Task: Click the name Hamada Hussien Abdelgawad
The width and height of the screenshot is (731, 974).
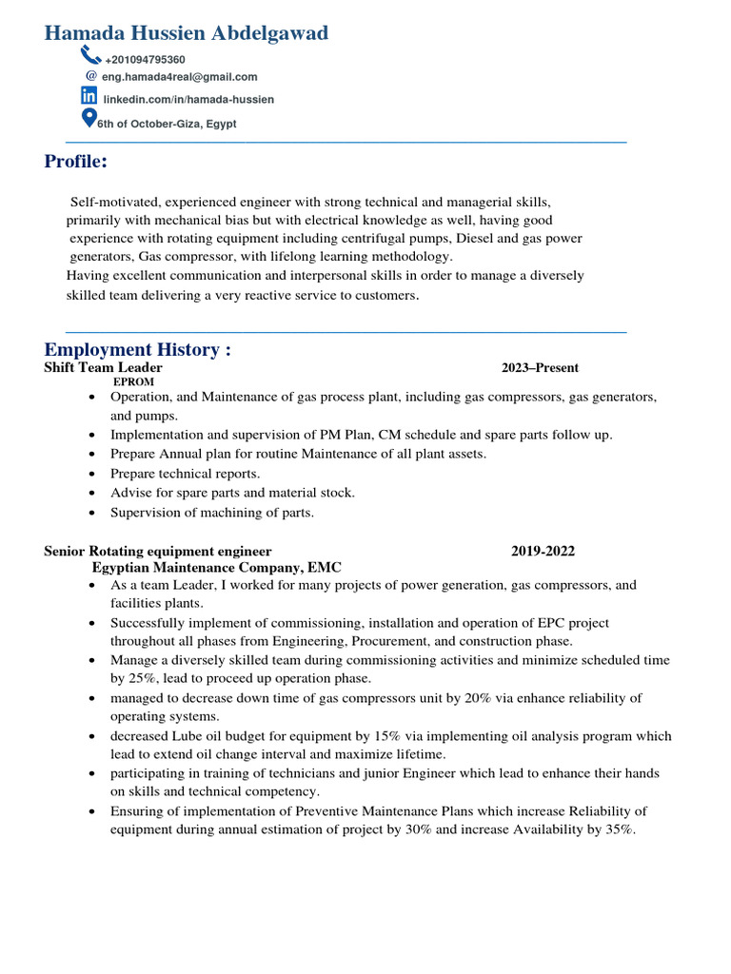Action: [x=187, y=33]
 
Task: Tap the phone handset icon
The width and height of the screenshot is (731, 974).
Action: [x=90, y=55]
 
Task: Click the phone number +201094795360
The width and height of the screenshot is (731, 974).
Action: [x=145, y=60]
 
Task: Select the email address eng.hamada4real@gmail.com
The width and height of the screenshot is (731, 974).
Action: [x=180, y=77]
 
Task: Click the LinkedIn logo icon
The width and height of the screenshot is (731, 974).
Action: [x=89, y=95]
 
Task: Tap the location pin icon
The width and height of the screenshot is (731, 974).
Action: [x=89, y=118]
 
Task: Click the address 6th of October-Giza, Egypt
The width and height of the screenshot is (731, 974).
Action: [x=167, y=124]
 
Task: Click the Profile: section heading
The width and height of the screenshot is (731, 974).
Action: [x=76, y=162]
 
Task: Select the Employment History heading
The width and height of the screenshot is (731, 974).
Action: [x=138, y=350]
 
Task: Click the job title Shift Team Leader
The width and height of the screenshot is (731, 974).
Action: [x=103, y=367]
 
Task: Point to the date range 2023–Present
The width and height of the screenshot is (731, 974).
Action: [x=540, y=367]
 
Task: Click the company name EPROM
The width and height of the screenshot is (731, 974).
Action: [x=133, y=381]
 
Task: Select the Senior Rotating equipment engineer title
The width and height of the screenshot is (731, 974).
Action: [x=158, y=551]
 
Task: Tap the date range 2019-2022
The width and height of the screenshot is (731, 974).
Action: [x=543, y=551]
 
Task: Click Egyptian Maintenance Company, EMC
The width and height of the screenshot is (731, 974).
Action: [x=216, y=566]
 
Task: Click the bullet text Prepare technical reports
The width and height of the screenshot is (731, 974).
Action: [x=185, y=474]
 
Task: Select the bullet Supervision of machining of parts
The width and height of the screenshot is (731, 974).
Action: [x=211, y=512]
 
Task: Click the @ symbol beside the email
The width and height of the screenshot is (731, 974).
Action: [x=91, y=75]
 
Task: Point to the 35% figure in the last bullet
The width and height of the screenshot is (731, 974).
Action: [x=618, y=829]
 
